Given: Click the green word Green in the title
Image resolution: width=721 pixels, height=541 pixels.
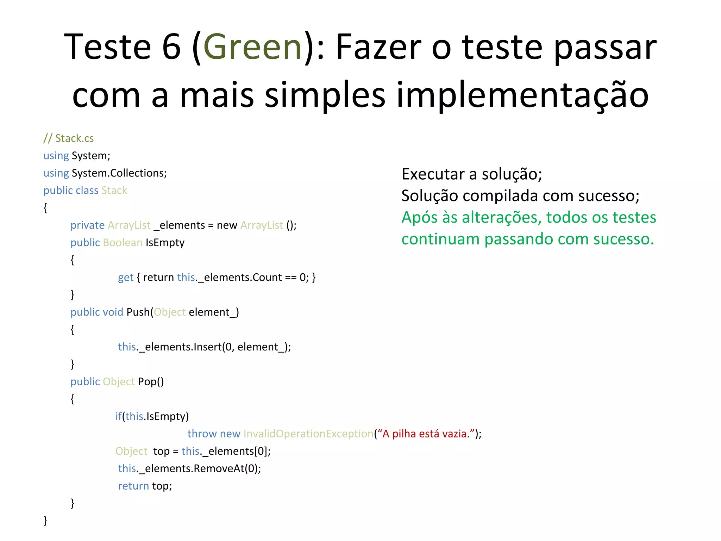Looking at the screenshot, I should [x=252, y=47].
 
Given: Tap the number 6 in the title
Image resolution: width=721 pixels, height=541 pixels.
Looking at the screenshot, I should [x=171, y=47].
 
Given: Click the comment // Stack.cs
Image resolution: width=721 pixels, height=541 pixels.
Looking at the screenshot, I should [x=69, y=138].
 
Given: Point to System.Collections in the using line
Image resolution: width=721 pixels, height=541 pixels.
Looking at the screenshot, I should [x=118, y=173].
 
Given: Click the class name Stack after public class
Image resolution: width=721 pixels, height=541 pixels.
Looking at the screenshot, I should [x=114, y=190].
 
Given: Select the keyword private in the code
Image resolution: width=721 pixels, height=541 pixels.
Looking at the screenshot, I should [x=87, y=225].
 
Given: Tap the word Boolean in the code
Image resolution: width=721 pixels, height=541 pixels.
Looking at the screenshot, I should [x=123, y=243].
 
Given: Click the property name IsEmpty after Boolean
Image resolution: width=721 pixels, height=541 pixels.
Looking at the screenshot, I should [x=165, y=243].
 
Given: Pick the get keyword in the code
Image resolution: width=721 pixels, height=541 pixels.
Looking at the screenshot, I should [x=126, y=278].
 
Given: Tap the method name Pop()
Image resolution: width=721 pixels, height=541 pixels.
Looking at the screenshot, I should [x=151, y=381].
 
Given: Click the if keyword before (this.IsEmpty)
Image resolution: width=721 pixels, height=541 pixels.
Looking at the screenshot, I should [x=118, y=416].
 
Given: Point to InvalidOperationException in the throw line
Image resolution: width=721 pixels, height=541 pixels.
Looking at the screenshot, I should [x=308, y=434].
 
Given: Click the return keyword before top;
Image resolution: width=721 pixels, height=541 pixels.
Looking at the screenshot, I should [x=133, y=486].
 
